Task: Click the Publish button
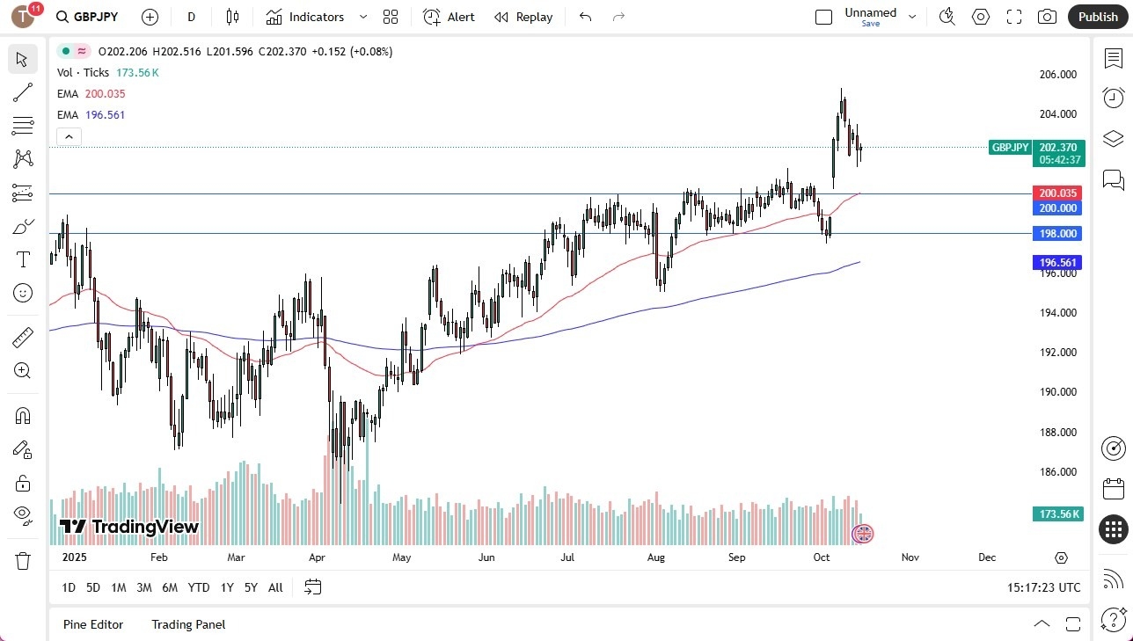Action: pos(1098,17)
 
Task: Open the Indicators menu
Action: pos(316,17)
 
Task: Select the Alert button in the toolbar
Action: pos(449,17)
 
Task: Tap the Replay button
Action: pos(523,17)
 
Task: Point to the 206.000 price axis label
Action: pos(1057,75)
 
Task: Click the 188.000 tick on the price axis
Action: pos(1057,432)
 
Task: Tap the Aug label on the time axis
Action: pos(655,557)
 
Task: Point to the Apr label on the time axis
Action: pos(318,557)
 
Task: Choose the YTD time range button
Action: pos(199,587)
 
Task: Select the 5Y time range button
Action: pos(251,587)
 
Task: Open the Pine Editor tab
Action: pos(93,624)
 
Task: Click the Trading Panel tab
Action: pos(188,624)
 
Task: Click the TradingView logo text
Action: pos(129,527)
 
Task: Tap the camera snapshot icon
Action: pos(1047,17)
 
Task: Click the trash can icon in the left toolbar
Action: pos(23,560)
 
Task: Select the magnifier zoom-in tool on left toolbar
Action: pos(23,370)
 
